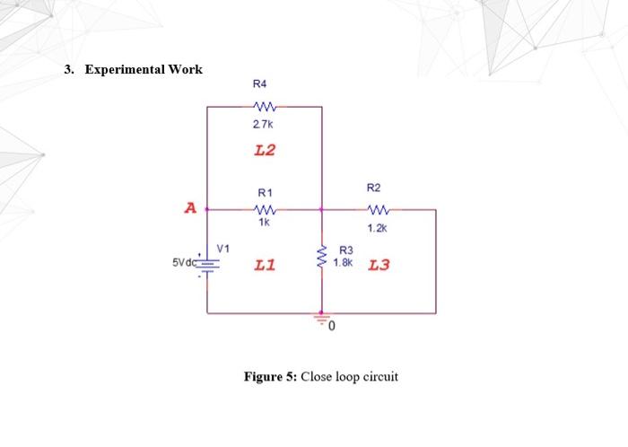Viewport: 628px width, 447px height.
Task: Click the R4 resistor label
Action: click(260, 84)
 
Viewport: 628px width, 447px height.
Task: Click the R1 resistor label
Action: click(265, 193)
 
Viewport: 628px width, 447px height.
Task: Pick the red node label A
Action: click(189, 209)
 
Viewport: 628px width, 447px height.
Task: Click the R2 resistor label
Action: click(374, 188)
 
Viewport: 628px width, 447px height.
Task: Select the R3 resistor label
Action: click(345, 252)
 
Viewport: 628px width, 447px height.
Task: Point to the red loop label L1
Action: click(265, 266)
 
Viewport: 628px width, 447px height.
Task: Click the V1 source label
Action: click(223, 247)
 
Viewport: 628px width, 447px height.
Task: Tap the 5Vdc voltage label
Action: click(184, 263)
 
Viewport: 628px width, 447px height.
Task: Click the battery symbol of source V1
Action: click(208, 263)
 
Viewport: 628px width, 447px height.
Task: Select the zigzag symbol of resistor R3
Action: click(322, 259)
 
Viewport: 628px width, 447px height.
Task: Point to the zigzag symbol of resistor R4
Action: click(265, 106)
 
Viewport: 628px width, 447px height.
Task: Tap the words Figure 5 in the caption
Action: click(270, 376)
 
